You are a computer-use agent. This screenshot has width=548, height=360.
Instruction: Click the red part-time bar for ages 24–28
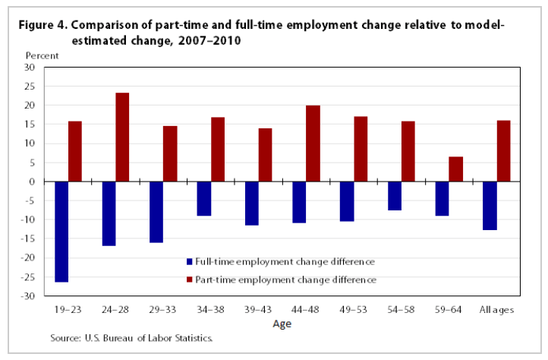point(122,137)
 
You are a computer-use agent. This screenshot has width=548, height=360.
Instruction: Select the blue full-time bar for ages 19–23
point(61,232)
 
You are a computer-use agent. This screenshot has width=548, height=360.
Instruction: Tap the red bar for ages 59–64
point(455,169)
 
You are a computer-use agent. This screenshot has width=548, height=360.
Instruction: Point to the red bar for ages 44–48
point(313,144)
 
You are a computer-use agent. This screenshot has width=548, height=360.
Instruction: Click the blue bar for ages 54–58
point(394,196)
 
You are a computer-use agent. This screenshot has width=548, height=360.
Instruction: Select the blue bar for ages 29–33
point(156,212)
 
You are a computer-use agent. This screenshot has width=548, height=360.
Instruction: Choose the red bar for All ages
point(503,150)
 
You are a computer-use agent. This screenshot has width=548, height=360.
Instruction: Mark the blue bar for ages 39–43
point(252,204)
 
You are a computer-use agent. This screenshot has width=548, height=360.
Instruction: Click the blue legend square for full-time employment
point(190,262)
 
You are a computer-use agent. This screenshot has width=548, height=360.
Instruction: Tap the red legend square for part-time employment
point(190,279)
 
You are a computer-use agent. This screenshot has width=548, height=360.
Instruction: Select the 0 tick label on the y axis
point(33,182)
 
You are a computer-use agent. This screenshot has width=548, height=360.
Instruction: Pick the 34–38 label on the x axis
point(210,309)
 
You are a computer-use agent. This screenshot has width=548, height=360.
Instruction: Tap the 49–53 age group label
point(354,309)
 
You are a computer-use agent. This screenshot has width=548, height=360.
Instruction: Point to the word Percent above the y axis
point(41,55)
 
